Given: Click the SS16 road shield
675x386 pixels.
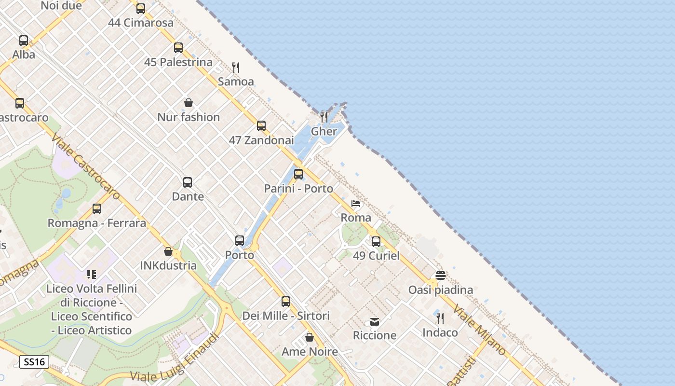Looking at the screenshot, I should click(34, 362).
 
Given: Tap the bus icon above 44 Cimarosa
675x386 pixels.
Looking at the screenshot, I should click(141, 8).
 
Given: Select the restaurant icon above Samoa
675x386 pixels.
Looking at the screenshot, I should click(236, 68).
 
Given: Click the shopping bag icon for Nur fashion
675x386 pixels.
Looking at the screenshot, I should click(189, 103).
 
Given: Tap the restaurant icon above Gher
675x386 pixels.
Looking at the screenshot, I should click(324, 117).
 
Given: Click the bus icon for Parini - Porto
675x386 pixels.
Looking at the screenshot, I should click(298, 174).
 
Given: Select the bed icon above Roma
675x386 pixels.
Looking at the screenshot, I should click(356, 204).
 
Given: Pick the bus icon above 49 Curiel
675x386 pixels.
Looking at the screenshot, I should click(376, 242).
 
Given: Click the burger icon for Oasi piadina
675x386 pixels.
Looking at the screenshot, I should click(440, 276).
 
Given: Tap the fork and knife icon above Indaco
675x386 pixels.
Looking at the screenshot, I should click(440, 318).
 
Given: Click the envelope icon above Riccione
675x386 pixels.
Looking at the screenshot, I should click(375, 321).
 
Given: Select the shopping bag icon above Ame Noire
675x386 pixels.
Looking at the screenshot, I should click(310, 337).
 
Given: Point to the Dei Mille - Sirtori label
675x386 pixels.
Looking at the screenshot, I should click(286, 316).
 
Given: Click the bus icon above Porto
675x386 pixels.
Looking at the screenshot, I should click(240, 241).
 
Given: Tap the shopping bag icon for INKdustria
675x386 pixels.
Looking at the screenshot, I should click(168, 251).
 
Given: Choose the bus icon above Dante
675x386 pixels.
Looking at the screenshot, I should click(188, 182).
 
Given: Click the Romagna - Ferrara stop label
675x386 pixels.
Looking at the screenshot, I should click(96, 223).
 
